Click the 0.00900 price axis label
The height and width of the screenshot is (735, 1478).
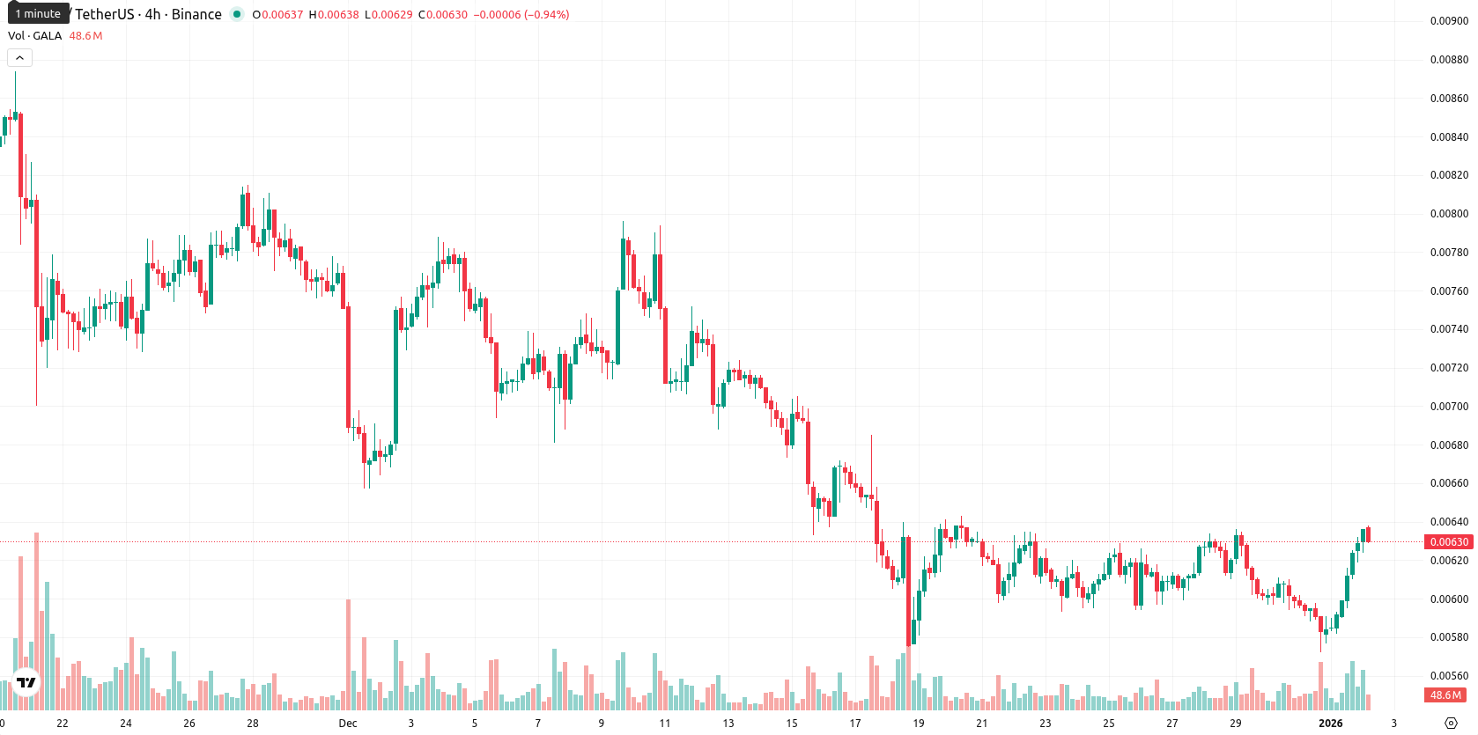tap(1449, 21)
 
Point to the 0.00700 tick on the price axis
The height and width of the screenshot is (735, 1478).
tap(1449, 407)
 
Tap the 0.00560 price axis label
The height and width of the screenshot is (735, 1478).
tap(1449, 676)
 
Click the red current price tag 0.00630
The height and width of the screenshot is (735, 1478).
tap(1448, 542)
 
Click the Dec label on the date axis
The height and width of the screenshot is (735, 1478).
tap(348, 724)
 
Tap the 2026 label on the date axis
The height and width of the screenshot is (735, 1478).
tap(1330, 724)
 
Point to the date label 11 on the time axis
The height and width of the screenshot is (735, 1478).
tap(664, 724)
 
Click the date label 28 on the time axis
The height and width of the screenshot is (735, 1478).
tap(253, 724)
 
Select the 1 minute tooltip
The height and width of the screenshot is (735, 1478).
tap(38, 13)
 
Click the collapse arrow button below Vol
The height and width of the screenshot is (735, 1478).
tap(19, 58)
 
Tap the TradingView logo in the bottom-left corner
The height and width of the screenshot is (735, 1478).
tap(26, 682)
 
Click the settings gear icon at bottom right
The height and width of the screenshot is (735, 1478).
tap(1451, 724)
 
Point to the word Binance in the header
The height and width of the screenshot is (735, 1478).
tap(196, 14)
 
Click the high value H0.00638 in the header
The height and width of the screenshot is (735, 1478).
tap(334, 14)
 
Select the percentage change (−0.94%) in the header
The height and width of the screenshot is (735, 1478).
tap(546, 14)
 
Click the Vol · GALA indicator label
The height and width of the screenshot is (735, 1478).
tap(35, 35)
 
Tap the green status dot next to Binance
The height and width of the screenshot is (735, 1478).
tap(237, 14)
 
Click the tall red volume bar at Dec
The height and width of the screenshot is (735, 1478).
tap(349, 655)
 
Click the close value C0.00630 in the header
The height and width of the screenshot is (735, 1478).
tap(443, 14)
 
